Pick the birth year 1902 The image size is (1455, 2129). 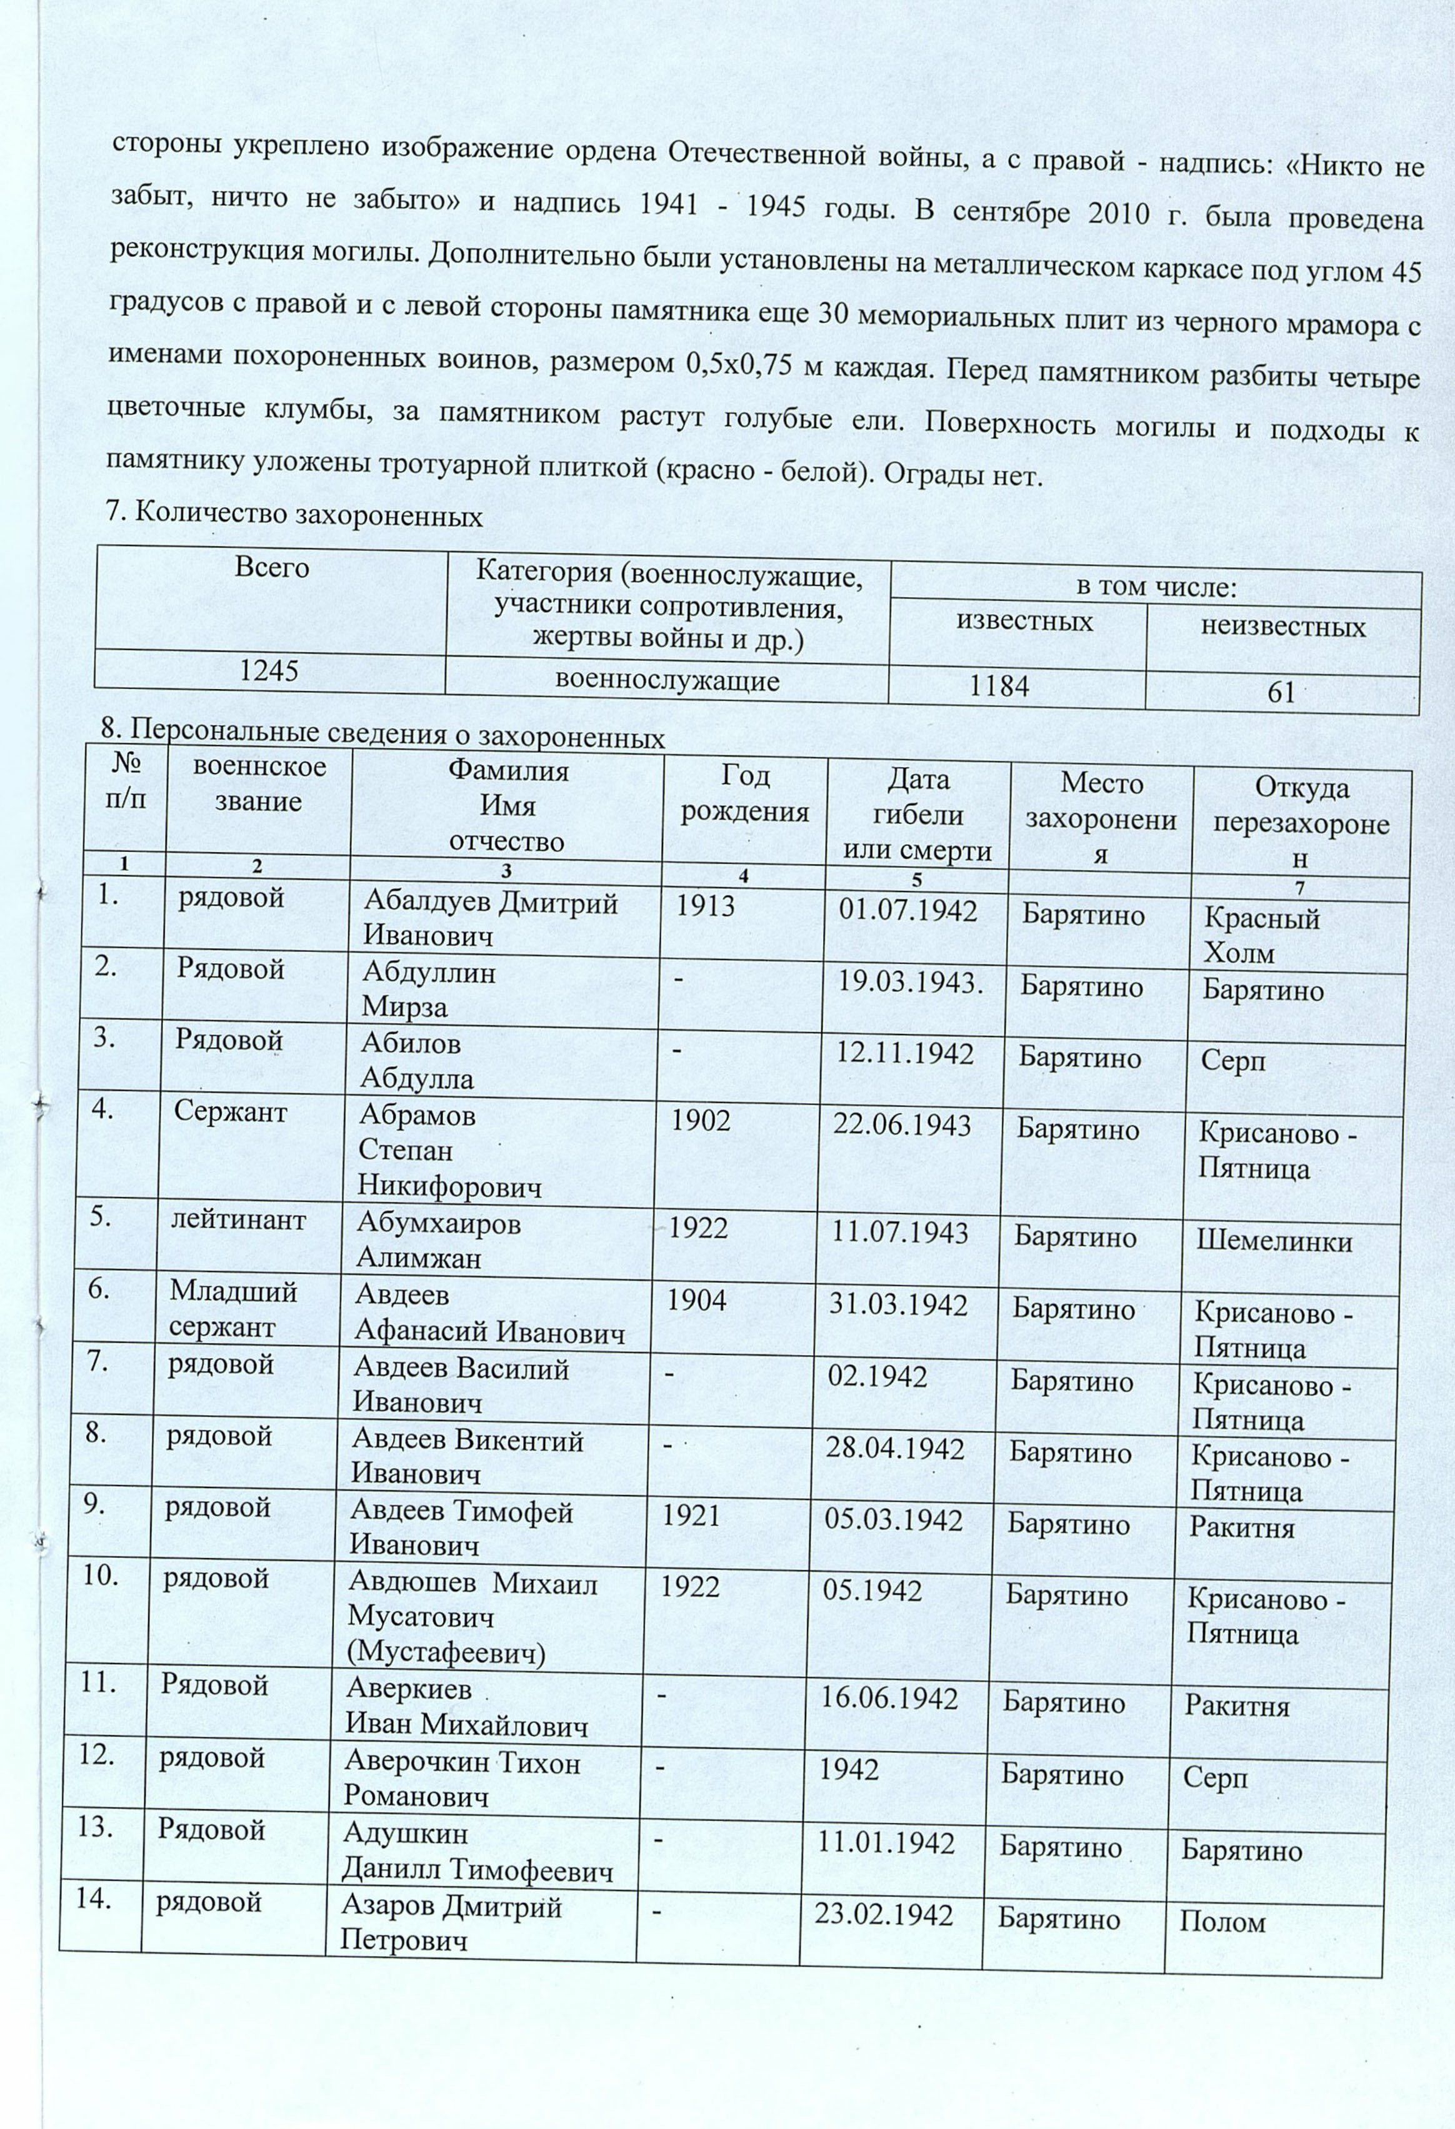tap(701, 1121)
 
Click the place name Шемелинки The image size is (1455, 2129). tap(1274, 1242)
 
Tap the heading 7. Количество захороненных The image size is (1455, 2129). tap(295, 517)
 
